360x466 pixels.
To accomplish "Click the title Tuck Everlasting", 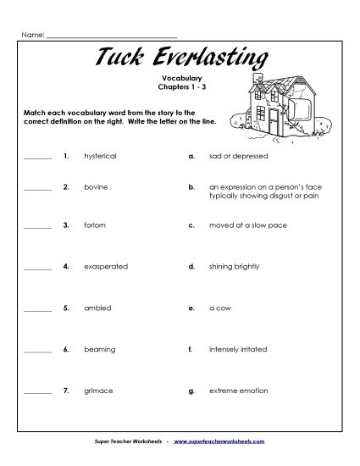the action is tap(180, 58).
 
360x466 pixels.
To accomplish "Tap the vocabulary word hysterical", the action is tap(100, 157).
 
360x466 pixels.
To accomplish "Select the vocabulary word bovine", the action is tap(96, 185).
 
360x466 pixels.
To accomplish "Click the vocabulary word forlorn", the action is tap(94, 225).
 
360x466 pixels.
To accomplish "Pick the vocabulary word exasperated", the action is tap(106, 266).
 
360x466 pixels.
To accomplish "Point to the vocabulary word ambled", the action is tap(97, 308).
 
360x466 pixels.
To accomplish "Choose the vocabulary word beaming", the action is tap(98, 349).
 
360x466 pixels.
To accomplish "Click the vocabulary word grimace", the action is tap(97, 391).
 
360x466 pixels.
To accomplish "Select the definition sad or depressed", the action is tap(238, 157).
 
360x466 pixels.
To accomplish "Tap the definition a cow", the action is tap(221, 308).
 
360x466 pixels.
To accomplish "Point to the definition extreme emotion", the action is tap(238, 391).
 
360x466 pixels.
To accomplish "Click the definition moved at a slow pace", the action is tap(243, 225).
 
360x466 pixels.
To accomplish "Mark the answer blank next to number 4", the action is tap(37, 268).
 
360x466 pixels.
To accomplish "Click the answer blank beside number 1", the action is tap(37, 158).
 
